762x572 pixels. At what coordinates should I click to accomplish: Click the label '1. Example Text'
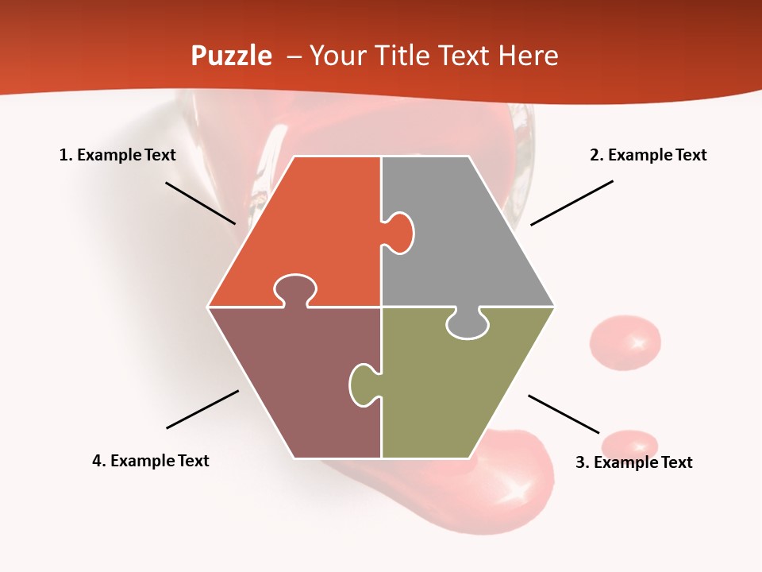(117, 155)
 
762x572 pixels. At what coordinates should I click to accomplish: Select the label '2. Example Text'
(648, 155)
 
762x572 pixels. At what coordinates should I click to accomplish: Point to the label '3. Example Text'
(633, 462)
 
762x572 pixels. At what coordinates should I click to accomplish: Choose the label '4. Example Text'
(151, 461)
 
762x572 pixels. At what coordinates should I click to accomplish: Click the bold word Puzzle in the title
(231, 56)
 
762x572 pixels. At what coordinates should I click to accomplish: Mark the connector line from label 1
(200, 203)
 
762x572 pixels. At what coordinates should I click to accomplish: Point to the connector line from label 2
(571, 203)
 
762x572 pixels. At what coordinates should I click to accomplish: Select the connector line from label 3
(564, 414)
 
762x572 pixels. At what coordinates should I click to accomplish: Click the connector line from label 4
(202, 409)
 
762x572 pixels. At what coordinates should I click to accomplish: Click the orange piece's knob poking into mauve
(295, 289)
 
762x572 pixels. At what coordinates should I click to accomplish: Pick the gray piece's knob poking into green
(467, 324)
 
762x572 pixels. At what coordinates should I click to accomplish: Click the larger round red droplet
(625, 342)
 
